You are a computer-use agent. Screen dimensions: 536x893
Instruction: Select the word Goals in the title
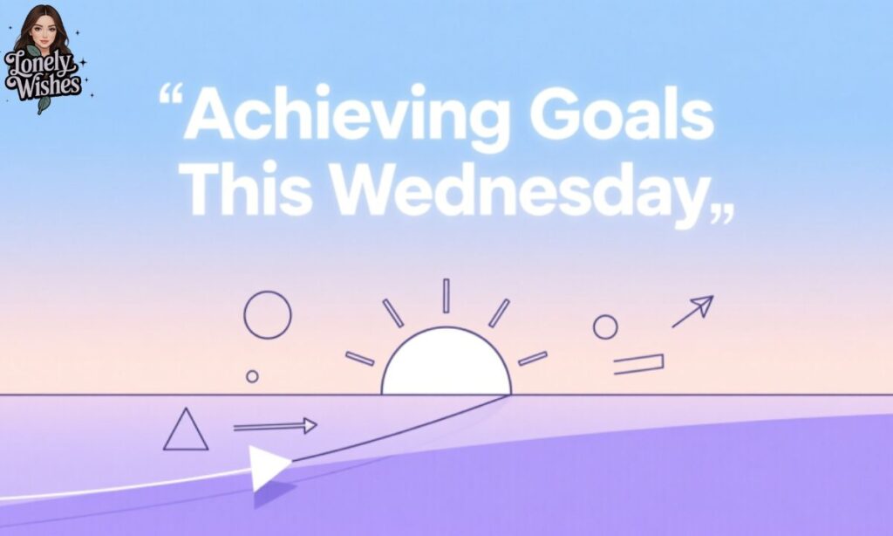[622, 116]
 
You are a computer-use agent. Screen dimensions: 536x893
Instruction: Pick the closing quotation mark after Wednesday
[722, 214]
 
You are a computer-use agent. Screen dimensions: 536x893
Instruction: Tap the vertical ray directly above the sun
[446, 296]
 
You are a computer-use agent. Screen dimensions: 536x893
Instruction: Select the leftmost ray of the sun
[359, 358]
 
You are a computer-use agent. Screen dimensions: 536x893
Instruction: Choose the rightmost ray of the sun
[533, 358]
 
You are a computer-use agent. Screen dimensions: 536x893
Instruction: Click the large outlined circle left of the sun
[267, 315]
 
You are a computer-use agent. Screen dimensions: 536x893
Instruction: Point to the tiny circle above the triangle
[252, 376]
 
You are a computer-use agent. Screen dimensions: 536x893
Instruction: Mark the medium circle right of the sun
[605, 327]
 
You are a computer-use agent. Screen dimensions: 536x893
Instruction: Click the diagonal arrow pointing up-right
[692, 312]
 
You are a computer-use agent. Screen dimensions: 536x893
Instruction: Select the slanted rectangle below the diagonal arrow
[638, 364]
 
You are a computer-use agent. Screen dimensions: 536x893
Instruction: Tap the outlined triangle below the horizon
[186, 431]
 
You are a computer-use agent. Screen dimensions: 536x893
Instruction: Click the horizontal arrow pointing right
[275, 426]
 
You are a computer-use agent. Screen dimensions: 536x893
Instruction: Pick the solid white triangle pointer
[267, 468]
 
